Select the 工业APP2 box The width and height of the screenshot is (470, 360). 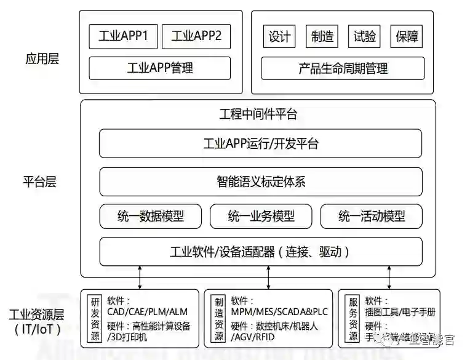[196, 36]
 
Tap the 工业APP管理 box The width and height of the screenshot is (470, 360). [160, 68]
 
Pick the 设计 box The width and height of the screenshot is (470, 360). [279, 36]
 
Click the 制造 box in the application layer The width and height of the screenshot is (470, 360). [322, 36]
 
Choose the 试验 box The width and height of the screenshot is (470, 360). [364, 36]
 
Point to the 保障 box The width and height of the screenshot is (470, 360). [407, 36]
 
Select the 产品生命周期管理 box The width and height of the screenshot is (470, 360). [343, 68]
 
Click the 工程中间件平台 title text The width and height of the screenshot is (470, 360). [258, 114]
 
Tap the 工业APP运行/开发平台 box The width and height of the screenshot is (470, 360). [260, 144]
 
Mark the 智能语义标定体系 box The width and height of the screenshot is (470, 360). [260, 182]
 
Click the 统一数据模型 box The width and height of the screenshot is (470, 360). [150, 216]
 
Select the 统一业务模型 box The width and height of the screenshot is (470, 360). [261, 216]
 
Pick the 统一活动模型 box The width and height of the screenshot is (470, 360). [372, 216]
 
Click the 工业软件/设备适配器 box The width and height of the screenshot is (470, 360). [260, 252]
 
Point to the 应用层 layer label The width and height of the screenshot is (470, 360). [42, 60]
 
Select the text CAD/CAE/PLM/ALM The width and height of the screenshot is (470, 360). [144, 313]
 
